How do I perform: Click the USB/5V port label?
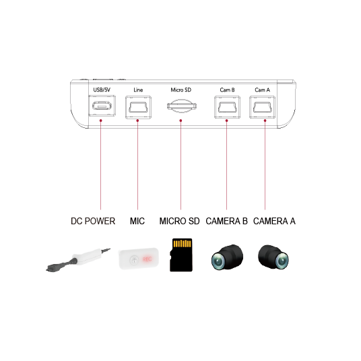102,90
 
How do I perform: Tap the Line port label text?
138,90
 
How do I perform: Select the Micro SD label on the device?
181,90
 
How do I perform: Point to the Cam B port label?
227,90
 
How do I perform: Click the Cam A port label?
262,90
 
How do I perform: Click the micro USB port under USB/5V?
102,106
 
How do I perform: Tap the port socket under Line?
138,107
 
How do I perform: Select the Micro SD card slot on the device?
182,106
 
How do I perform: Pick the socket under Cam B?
227,107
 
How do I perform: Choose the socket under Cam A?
263,107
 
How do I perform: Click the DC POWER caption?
93,221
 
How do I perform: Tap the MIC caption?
137,221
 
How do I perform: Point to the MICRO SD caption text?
180,221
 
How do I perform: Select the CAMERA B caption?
226,221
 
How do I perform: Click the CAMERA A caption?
274,221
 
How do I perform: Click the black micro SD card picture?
181,255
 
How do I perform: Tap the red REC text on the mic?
147,259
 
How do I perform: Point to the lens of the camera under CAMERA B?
218,261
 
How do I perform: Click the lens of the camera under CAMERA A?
282,261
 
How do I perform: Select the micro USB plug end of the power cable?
52,269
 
